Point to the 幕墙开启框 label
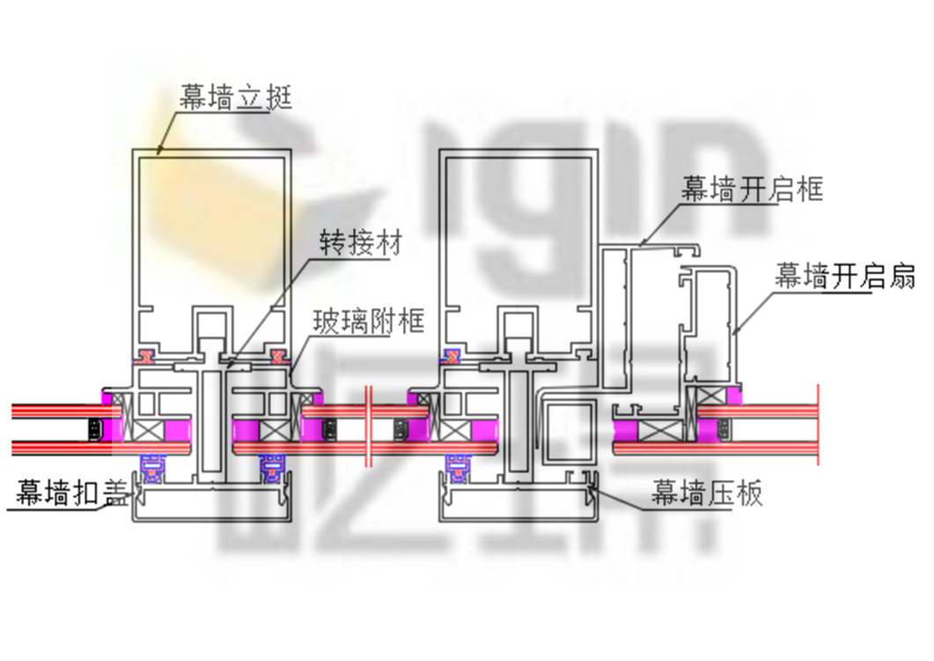click(752, 189)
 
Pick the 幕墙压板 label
click(707, 494)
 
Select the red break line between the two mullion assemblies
click(370, 427)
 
